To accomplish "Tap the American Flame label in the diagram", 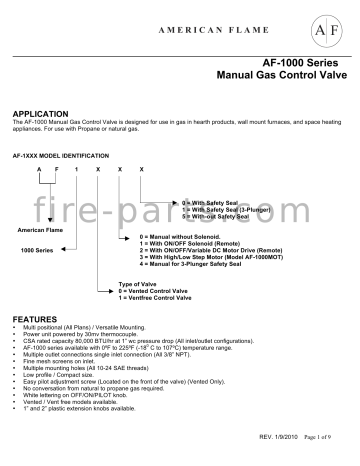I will (x=35, y=231).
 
